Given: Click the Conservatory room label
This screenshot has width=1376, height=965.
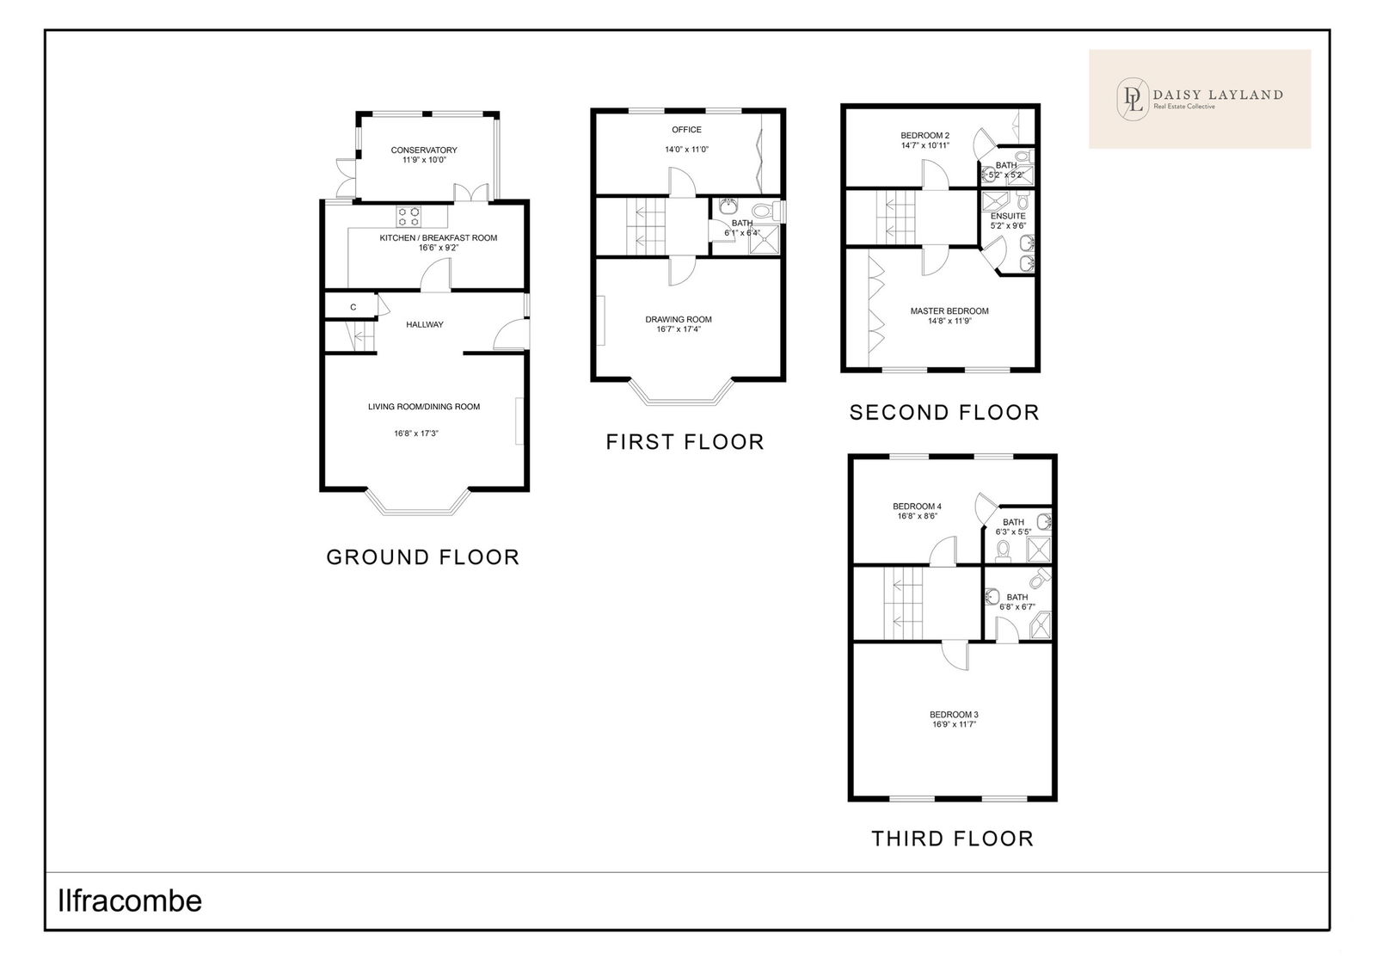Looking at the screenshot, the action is (424, 150).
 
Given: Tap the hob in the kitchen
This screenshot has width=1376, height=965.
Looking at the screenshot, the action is (408, 216).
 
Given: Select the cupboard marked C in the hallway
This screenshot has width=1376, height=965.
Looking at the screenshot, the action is (350, 306).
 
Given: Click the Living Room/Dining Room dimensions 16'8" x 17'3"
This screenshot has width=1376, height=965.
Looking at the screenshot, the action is (416, 433).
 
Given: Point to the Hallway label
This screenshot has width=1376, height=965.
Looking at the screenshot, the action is (425, 324).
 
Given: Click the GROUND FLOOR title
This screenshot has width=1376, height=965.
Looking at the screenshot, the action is (422, 557).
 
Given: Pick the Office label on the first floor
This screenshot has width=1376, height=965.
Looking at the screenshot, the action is (686, 130).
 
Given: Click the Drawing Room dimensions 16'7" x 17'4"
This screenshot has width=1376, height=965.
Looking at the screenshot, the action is (679, 329).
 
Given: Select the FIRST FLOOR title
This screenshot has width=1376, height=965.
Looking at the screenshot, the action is (685, 442).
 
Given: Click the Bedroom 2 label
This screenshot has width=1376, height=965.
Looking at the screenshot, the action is (925, 136).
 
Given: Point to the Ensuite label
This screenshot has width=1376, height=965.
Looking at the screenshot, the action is (1008, 216).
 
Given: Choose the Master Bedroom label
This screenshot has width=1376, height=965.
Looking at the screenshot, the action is (949, 310).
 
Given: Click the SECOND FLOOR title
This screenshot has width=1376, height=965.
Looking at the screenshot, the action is (944, 412).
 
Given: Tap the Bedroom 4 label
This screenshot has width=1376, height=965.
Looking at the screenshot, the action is (917, 507).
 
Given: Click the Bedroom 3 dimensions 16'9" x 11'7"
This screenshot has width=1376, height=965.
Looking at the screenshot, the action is (954, 724).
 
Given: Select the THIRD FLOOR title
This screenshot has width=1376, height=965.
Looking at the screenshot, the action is (953, 839).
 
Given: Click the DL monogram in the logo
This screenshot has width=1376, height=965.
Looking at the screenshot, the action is (1133, 98).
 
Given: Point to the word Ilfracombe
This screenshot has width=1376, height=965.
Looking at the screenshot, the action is (130, 901).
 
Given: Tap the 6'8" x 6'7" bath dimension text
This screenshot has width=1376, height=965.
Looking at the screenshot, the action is (1017, 607).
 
